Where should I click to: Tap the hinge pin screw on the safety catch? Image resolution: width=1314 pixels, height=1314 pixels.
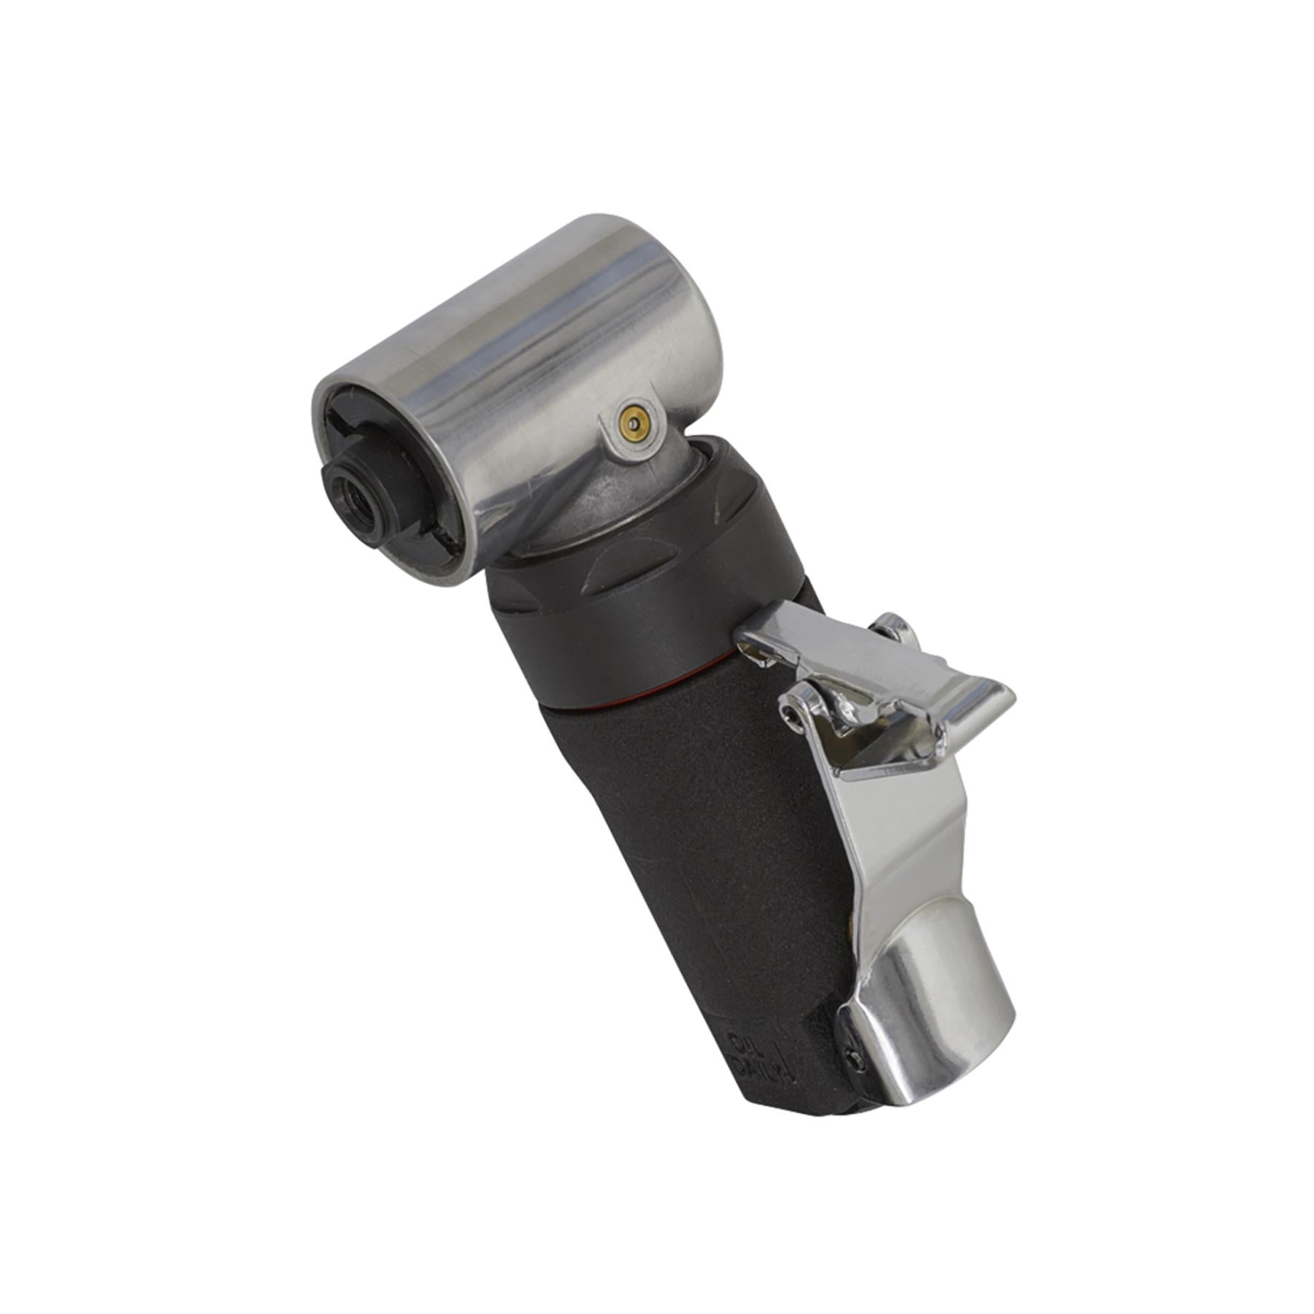click(x=786, y=713)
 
